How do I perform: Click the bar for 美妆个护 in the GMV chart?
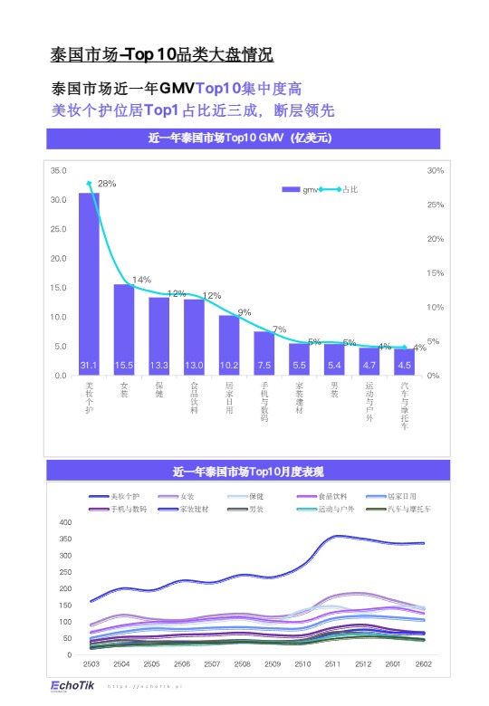click(89, 281)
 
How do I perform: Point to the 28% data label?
click(107, 183)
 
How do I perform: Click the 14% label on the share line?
click(141, 280)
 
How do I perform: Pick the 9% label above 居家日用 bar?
click(244, 312)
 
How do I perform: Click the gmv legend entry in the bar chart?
click(303, 189)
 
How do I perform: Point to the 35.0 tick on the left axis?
click(58, 170)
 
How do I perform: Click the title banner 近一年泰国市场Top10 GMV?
click(243, 138)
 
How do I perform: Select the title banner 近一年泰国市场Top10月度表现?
click(248, 471)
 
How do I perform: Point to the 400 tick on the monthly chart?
click(64, 523)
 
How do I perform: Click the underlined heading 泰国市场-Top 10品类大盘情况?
click(161, 54)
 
